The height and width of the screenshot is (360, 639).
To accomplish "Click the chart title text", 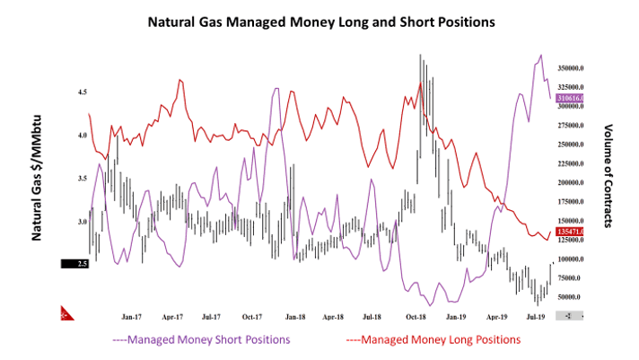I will [319, 20].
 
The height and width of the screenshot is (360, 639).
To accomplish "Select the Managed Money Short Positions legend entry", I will [201, 340].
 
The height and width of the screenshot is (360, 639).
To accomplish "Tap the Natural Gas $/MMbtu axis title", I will [39, 180].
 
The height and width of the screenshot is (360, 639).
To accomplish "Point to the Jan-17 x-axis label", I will [132, 316].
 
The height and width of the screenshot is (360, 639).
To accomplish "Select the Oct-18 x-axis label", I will [416, 316].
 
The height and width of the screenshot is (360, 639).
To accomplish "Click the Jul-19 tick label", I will [537, 316].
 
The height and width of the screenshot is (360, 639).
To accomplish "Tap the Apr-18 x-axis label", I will [334, 316].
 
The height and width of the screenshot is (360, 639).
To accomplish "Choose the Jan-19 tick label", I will [456, 316].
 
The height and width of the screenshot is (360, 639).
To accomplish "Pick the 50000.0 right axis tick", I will [571, 297].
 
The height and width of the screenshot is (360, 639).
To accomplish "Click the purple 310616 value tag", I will [571, 97].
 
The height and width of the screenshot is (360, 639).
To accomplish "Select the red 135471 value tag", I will [571, 232].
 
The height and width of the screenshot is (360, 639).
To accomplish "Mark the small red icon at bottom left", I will [66, 314].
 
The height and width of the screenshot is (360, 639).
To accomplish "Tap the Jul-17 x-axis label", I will [213, 316].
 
